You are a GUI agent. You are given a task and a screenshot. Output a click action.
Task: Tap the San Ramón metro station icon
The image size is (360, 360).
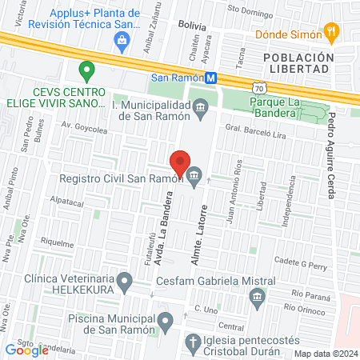point(210,78)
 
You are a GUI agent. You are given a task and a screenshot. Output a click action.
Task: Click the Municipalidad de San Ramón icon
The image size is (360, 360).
point(200,106)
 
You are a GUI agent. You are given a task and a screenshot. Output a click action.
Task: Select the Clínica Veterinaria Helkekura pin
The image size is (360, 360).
point(125,281)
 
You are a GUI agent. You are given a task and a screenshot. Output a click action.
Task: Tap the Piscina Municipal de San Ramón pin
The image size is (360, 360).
point(166,322)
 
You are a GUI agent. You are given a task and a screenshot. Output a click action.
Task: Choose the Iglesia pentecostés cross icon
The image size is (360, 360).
point(192,344)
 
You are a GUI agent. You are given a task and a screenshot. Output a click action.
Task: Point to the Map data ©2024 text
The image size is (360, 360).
point(325,353)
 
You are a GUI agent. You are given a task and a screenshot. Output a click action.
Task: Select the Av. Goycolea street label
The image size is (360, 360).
point(85,126)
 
